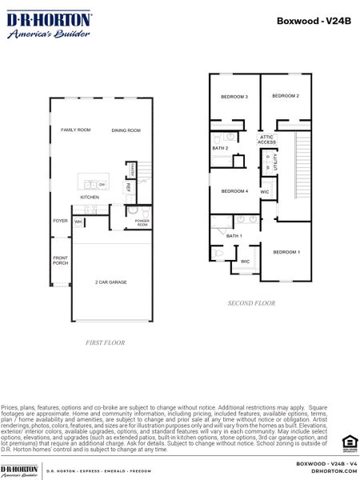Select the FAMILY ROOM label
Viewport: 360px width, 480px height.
click(x=76, y=130)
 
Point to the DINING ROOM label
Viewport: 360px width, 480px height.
click(x=126, y=130)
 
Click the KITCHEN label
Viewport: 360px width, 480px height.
click(x=89, y=197)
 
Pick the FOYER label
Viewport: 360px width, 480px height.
click(x=61, y=221)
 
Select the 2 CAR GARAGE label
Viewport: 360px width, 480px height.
click(x=111, y=282)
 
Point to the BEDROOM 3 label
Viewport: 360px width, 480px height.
click(x=234, y=97)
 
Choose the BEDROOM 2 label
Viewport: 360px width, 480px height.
click(x=286, y=96)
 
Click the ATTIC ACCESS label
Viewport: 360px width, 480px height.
click(x=266, y=139)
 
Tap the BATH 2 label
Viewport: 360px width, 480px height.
click(x=221, y=148)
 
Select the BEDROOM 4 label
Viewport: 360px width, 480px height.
click(x=234, y=191)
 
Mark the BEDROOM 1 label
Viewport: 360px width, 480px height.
click(x=286, y=252)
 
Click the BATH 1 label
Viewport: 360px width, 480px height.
click(x=234, y=236)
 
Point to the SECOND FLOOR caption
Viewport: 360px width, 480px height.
click(x=252, y=303)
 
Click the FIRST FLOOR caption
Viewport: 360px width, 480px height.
click(x=106, y=342)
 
